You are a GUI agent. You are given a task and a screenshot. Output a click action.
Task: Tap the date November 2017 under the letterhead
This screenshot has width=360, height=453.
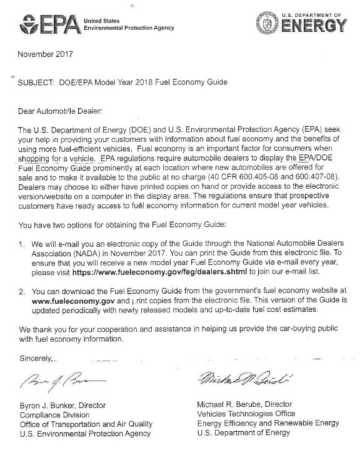tap(46, 54)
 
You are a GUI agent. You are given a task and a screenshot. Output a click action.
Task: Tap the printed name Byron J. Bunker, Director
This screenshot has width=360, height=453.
tap(62, 406)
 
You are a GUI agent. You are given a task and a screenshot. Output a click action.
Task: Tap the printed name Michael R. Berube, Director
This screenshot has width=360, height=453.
tap(244, 405)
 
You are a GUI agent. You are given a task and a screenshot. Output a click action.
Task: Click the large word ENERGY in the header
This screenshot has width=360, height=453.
tap(312, 26)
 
